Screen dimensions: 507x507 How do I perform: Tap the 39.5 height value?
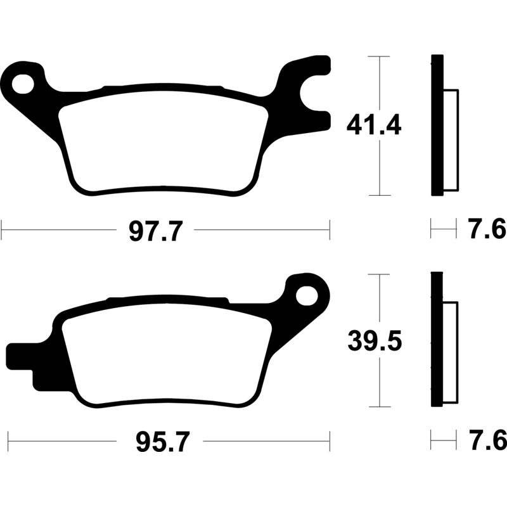pos(374,342)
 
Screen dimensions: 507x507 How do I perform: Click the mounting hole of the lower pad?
pos(309,294)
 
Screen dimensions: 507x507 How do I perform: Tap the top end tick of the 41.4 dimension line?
pos(378,56)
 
